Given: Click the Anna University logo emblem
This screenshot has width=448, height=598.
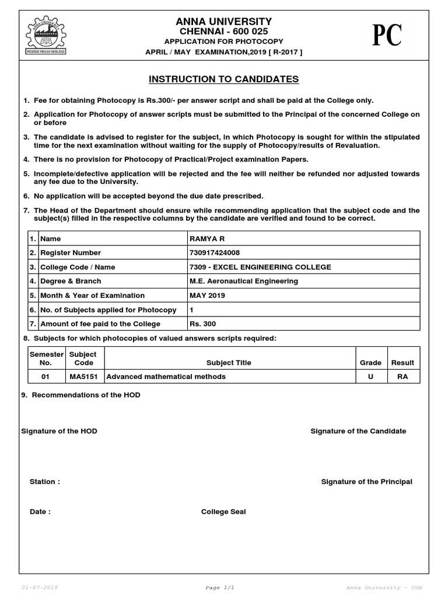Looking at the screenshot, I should click(x=45, y=35).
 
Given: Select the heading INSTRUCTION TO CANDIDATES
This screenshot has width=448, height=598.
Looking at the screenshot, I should click(x=223, y=79).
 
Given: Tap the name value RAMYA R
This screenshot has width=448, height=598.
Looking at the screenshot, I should click(x=204, y=239).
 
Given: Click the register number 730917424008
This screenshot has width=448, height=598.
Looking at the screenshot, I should click(x=215, y=253).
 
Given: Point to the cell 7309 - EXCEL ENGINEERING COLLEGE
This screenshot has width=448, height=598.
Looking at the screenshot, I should click(x=260, y=267).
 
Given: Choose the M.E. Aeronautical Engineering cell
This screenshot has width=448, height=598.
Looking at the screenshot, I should click(x=244, y=281).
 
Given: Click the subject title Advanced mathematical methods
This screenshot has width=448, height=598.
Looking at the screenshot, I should click(x=166, y=377).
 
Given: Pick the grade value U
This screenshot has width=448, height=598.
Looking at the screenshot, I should click(x=370, y=377).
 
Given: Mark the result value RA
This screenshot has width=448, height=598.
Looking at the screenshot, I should click(x=402, y=377).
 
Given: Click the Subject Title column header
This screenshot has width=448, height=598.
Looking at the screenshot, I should click(x=229, y=363).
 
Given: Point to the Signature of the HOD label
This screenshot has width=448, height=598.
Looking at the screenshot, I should click(x=59, y=431).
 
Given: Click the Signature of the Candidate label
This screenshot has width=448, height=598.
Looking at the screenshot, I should click(x=358, y=431).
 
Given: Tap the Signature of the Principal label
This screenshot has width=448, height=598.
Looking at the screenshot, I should click(x=366, y=482).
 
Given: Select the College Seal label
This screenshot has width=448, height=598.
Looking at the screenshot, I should click(x=223, y=512).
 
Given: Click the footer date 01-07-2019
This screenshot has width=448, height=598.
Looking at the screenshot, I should click(x=39, y=587).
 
